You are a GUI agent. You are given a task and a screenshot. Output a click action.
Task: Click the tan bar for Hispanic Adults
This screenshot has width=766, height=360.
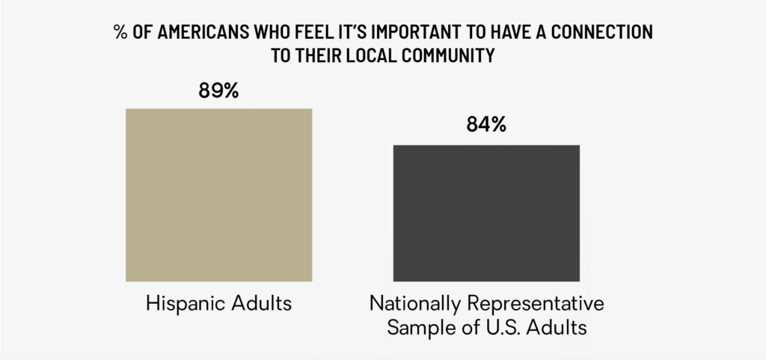point(218,195)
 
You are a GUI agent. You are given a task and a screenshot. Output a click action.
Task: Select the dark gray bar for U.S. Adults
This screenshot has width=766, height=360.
point(486,213)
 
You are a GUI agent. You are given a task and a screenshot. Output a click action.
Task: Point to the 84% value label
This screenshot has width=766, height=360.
point(486,125)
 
